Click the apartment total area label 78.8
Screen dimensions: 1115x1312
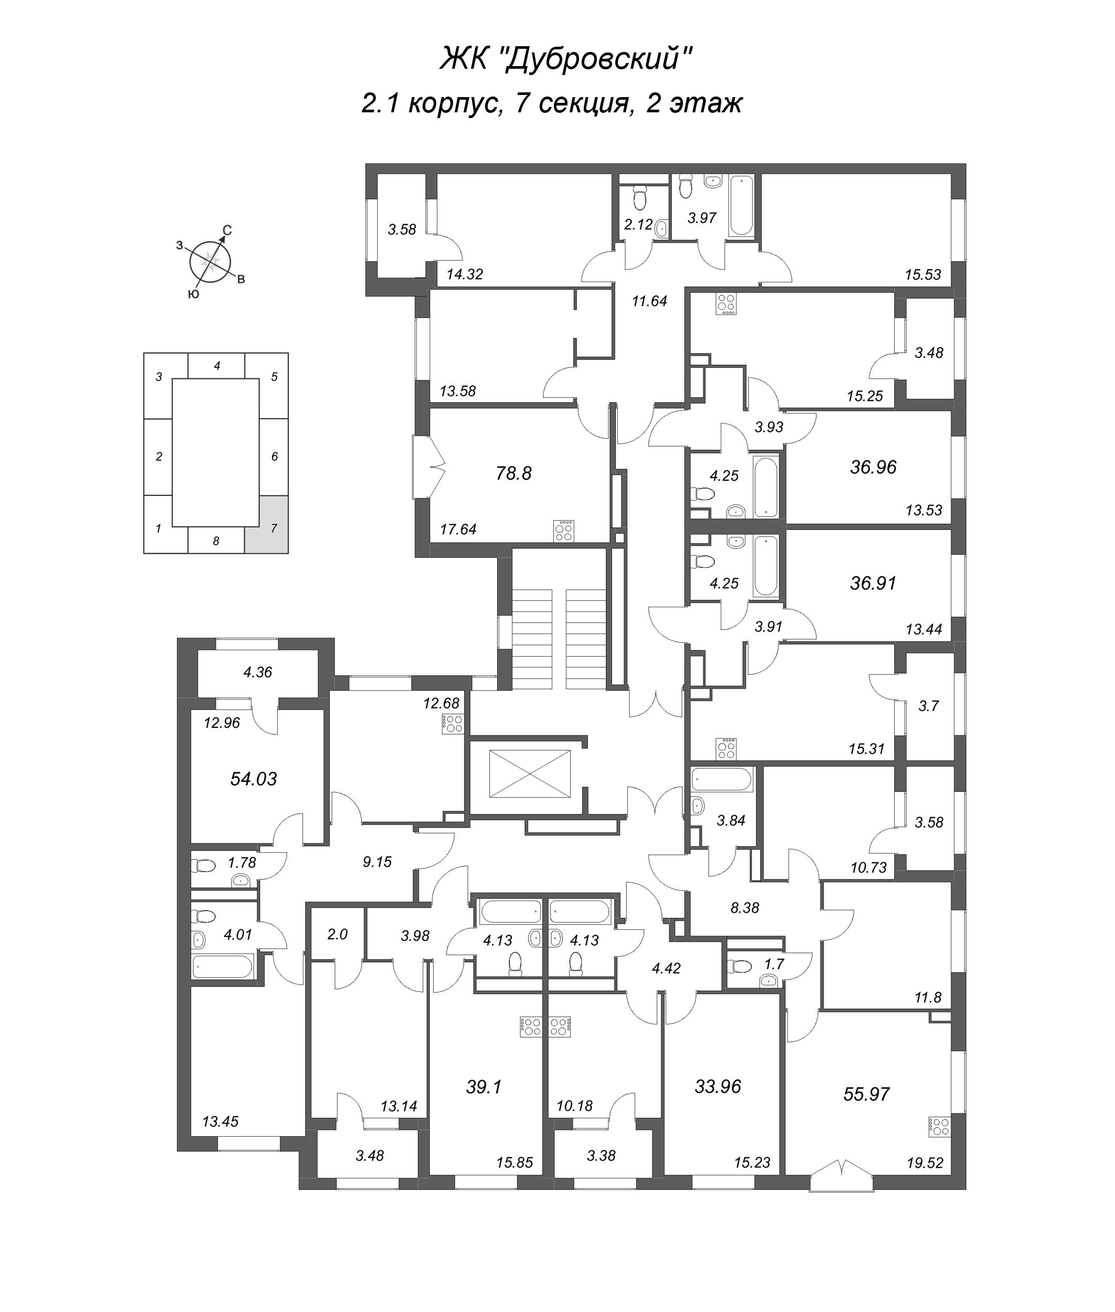pos(513,473)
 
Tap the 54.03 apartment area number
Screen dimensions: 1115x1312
pos(254,779)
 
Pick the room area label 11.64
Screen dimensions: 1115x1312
pos(649,301)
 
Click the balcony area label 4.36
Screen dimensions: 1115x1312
pos(257,672)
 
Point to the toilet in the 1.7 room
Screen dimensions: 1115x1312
pos(740,966)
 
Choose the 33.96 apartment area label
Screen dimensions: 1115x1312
pos(718,1086)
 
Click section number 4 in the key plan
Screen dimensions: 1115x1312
pos(217,365)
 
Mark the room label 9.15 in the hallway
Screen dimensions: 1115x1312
pos(377,861)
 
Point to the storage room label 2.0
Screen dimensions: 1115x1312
pos(338,934)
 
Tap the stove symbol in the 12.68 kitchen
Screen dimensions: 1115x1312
pos(454,724)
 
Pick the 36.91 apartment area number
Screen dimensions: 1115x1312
pos(873,583)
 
